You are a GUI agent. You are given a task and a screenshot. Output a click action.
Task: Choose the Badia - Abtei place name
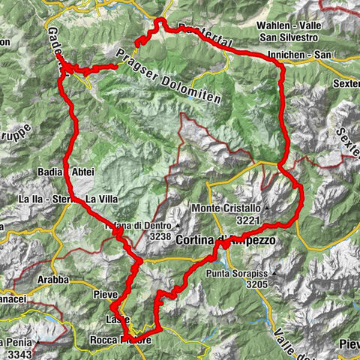(66, 172)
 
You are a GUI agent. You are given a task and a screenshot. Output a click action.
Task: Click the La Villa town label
(100, 199)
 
